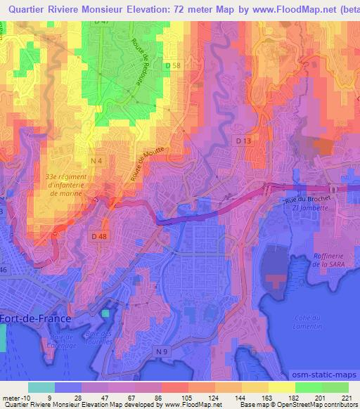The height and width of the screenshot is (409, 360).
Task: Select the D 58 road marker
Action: pos(172,65)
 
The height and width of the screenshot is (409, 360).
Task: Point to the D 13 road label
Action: pos(243,141)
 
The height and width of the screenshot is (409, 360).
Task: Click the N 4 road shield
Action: pos(96,161)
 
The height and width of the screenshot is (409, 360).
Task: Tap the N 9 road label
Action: pos(162,351)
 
